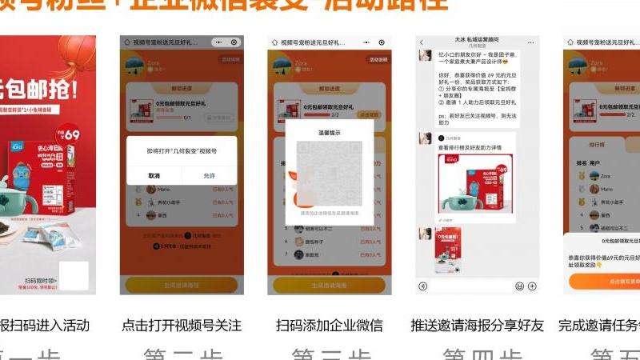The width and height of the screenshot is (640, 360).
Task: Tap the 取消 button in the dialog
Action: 154,175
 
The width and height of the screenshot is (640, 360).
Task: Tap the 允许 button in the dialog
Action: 210,175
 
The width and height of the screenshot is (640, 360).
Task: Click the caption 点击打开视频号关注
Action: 182,326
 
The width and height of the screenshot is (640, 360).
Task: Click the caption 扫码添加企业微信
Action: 330,326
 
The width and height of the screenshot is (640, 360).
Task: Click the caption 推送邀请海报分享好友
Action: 477,326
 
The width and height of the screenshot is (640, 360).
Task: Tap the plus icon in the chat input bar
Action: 533,286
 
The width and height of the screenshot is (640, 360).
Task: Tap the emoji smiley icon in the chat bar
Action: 519,286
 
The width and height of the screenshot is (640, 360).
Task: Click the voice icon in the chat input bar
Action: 422,286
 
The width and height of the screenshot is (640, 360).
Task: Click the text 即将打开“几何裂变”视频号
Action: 182,150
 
